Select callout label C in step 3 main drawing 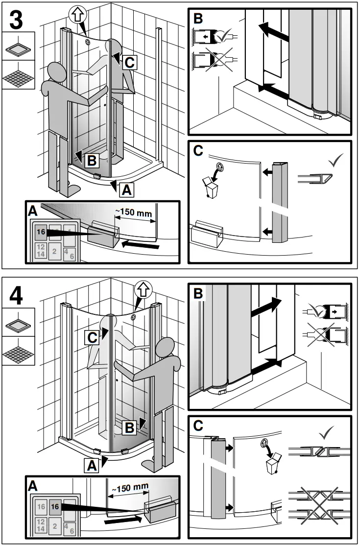click(129, 62)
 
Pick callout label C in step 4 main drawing click(93, 337)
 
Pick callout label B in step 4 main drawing click(129, 427)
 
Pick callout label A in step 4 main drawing click(91, 466)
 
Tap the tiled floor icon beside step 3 click(19, 75)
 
